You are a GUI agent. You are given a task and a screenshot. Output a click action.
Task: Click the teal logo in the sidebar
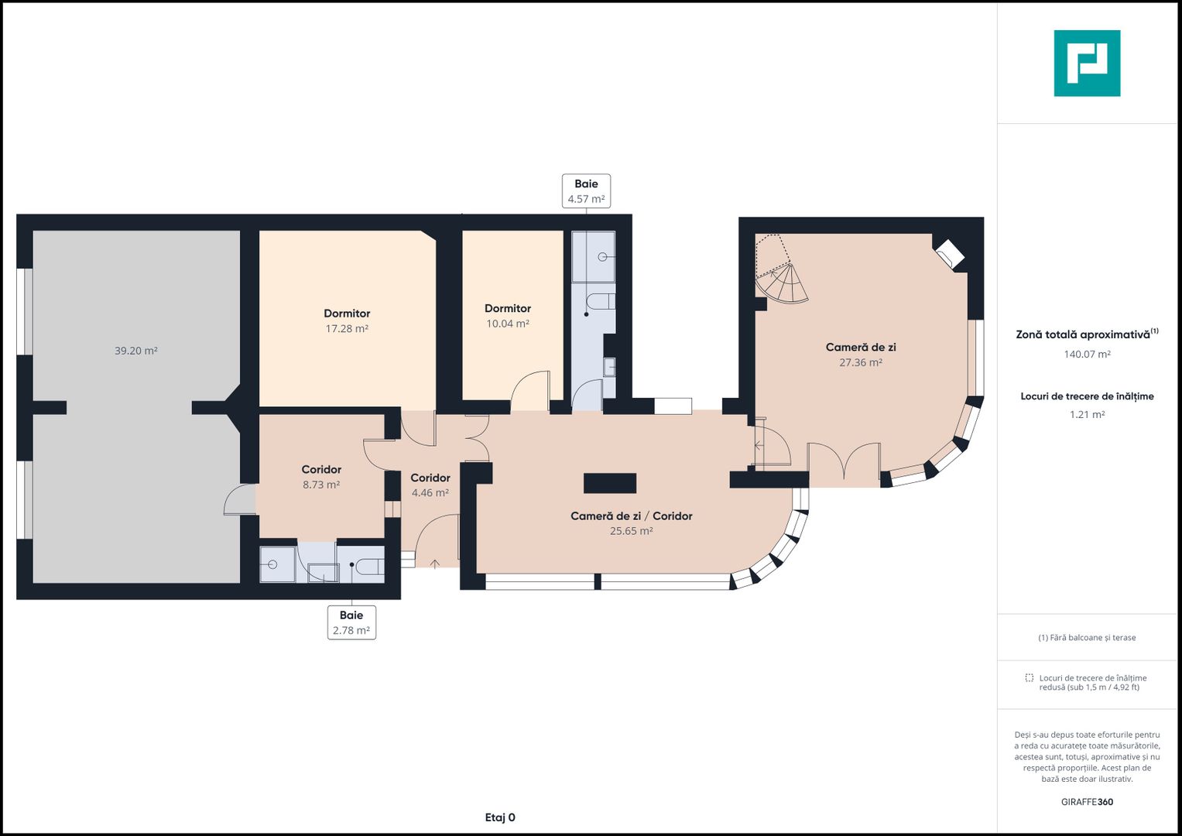point(1087,63)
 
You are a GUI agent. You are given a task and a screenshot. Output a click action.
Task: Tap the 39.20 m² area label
point(136,351)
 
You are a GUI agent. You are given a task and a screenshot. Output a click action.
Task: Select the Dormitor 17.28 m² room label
point(347,321)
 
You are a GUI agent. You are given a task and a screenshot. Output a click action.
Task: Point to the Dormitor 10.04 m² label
point(508,316)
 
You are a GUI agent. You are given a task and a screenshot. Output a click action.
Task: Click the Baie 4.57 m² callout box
point(586,191)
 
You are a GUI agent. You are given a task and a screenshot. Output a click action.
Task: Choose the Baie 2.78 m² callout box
point(351,623)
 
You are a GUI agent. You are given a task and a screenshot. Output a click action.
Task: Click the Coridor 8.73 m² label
point(321,477)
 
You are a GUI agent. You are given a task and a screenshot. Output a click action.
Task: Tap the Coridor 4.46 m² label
point(430,485)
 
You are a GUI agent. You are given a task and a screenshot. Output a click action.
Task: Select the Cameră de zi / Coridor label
point(632,516)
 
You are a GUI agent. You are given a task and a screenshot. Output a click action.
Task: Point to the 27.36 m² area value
point(861,362)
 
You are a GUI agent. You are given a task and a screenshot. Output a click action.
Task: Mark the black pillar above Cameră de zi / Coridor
point(610,483)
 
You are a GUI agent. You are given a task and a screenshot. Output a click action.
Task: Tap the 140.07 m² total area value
point(1087,355)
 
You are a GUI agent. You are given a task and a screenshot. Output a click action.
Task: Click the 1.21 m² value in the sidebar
point(1087,415)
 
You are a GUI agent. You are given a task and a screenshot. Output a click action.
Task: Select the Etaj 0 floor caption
point(500,817)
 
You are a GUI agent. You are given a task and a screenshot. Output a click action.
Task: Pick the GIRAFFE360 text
point(1087,802)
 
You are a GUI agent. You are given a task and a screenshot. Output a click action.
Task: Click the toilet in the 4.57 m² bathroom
point(601,302)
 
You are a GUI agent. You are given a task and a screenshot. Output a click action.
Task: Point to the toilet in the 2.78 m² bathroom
point(369,567)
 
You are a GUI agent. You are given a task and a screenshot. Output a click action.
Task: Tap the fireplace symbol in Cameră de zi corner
point(949,254)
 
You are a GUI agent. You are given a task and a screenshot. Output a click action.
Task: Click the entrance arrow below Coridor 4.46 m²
point(435,564)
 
